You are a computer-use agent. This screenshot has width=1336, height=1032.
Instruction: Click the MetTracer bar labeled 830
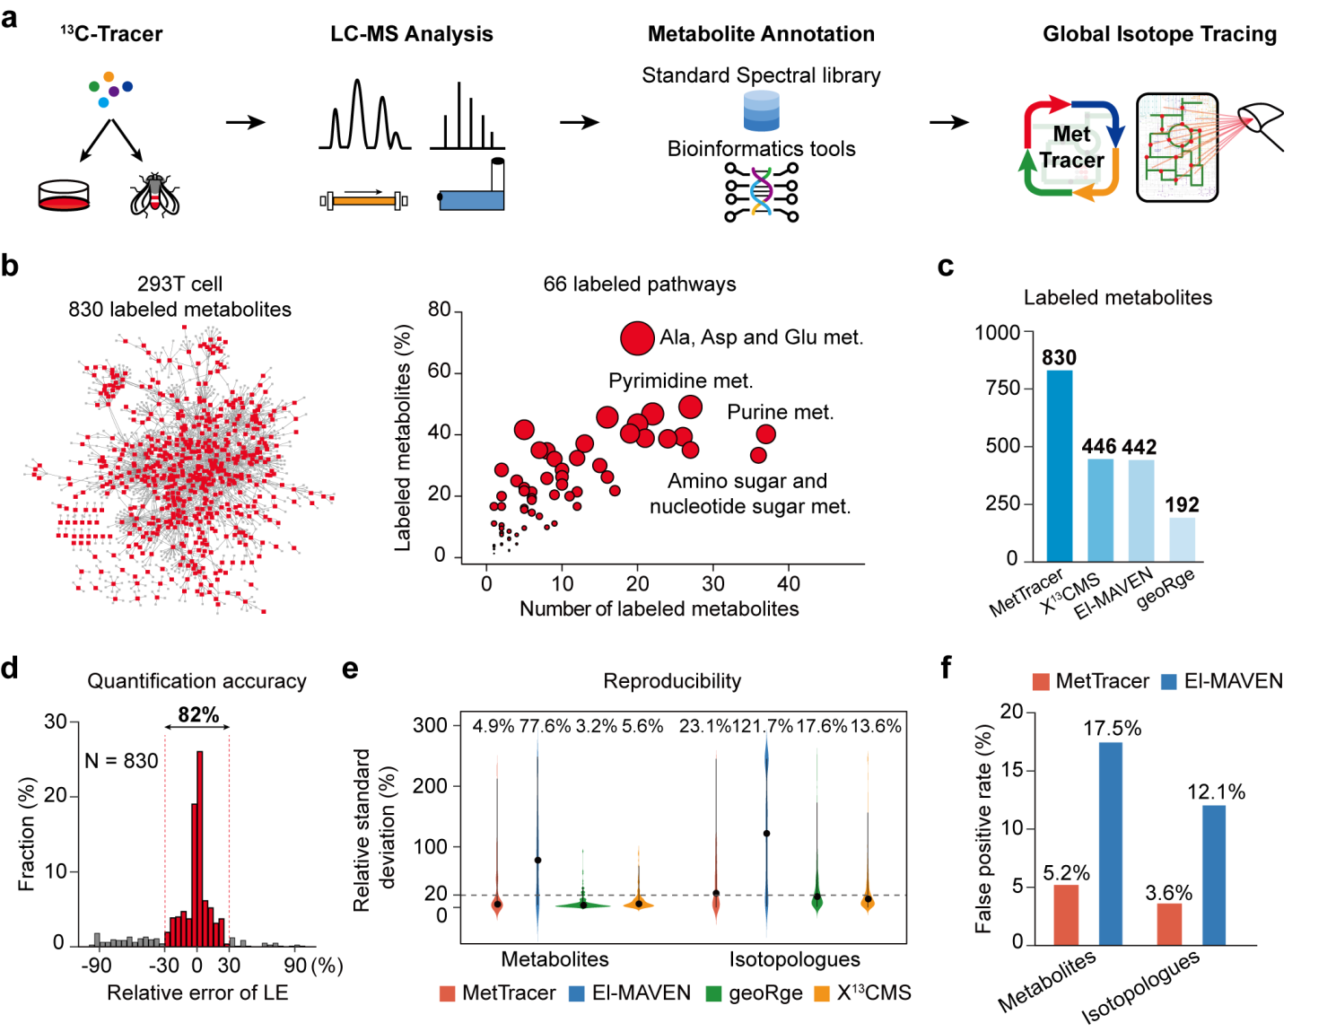1059,465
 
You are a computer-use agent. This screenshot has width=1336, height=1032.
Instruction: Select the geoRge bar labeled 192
1182,538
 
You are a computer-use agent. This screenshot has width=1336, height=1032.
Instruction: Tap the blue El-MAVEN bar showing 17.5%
1110,843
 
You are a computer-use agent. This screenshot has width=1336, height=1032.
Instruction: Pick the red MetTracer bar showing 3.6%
1169,923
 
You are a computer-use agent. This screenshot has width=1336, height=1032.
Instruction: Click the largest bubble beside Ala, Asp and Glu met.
637,338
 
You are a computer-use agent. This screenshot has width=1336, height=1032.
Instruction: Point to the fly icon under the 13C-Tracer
154,195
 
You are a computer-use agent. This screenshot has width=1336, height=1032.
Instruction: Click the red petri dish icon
64,196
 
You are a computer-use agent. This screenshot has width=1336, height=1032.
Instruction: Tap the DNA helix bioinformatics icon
761,192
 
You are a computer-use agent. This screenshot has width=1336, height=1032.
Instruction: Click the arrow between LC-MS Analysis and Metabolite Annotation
579,122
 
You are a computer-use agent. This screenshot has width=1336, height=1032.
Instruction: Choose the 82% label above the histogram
198,714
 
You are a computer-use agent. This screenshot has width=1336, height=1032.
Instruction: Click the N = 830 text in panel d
121,761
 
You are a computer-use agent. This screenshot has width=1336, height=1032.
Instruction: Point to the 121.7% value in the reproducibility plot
762,726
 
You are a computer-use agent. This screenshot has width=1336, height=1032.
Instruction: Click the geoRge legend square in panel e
714,993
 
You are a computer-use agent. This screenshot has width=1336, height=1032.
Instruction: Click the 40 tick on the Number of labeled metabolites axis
789,583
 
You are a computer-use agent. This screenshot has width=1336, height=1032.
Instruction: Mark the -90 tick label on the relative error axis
96,966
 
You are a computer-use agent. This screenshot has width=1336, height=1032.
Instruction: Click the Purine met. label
780,412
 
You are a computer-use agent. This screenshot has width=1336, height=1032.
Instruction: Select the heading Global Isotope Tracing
1159,34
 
